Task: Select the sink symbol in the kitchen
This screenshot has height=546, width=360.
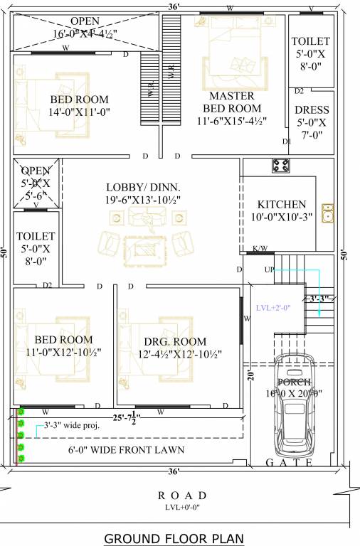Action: point(328,213)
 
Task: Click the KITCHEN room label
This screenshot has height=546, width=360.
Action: point(282,204)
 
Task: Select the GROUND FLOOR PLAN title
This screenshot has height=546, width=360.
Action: point(174,538)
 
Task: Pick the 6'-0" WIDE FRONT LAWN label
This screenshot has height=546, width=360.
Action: point(126,449)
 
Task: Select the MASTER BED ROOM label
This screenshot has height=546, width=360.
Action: point(233,102)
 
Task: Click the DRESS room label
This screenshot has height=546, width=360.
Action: point(312,110)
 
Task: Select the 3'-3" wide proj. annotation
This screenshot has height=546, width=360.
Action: point(71,427)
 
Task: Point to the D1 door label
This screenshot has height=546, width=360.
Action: point(287,141)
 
